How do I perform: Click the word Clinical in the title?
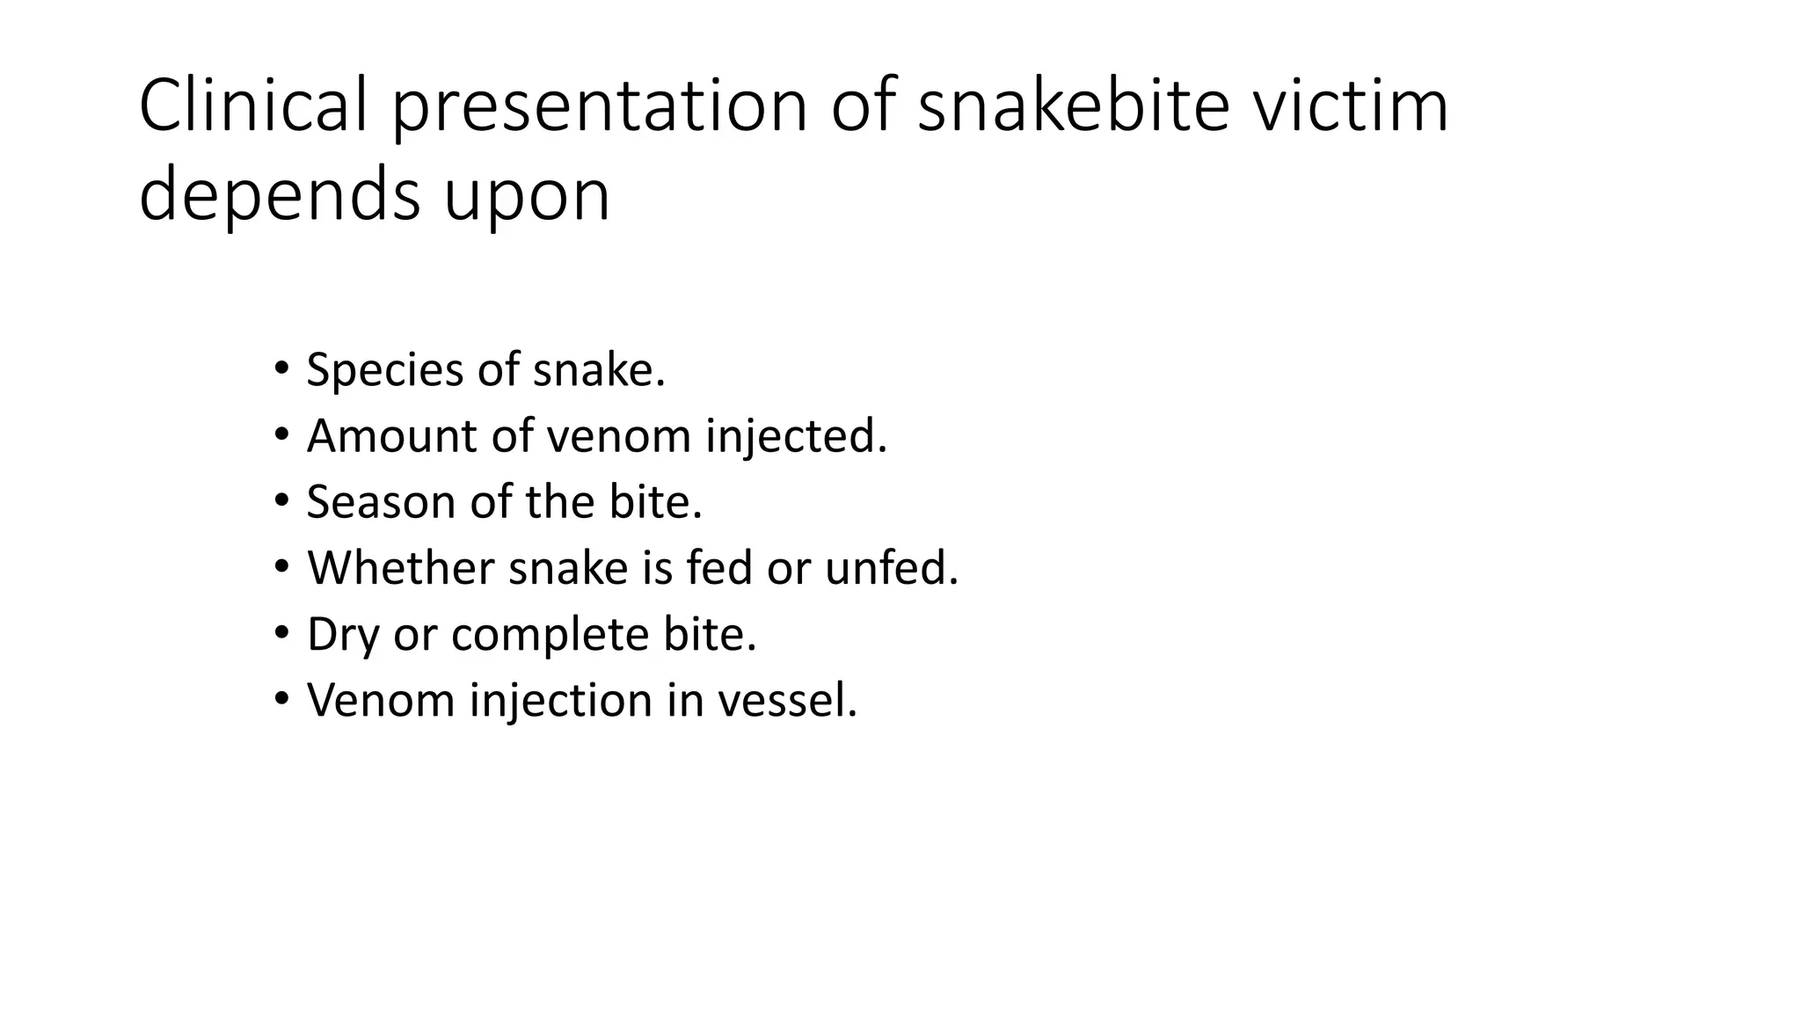[253, 106]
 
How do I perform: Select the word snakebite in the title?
[1073, 106]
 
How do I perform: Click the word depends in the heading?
[280, 197]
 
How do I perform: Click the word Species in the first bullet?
[384, 370]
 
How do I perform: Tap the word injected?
[796, 437]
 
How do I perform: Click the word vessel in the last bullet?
[787, 700]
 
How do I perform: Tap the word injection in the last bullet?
[560, 702]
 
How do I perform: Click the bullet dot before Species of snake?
[281, 367]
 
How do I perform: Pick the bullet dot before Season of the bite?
[281, 499]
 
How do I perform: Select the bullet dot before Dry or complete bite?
[281, 632]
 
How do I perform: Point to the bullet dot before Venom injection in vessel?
[281, 698]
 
